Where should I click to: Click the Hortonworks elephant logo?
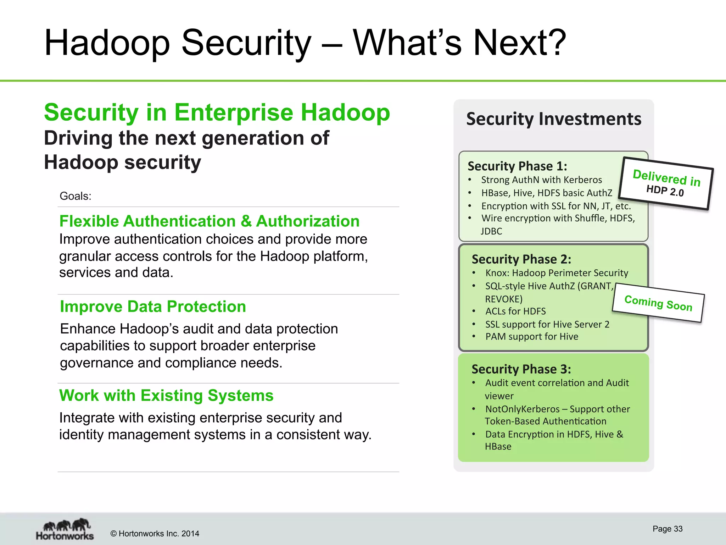tap(65, 529)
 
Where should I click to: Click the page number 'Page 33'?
tap(667, 529)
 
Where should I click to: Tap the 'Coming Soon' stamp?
tap(658, 303)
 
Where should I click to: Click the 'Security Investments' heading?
tap(553, 119)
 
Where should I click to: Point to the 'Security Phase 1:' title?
tap(517, 166)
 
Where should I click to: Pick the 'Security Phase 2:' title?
tap(521, 259)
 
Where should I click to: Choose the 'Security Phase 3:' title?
tap(521, 369)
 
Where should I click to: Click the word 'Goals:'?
tap(76, 196)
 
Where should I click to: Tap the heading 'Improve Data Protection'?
tap(153, 307)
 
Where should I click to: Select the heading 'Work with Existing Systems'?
tap(166, 396)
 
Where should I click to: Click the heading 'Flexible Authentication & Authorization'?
tap(209, 221)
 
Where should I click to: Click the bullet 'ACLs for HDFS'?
tap(515, 312)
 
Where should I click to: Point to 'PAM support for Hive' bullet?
tap(531, 337)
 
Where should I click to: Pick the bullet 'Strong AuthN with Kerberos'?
tap(541, 180)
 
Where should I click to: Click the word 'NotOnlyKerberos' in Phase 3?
tap(522, 409)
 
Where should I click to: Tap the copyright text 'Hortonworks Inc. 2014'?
tap(158, 534)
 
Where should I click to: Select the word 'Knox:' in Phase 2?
tap(497, 273)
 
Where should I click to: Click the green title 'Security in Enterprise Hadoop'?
tap(217, 112)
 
